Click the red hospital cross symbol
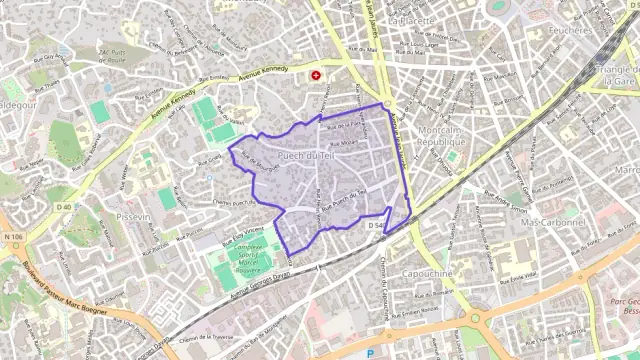[317, 75]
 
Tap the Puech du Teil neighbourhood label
[305, 157]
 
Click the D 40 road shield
[64, 207]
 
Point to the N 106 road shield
[12, 237]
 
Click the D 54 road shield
[376, 227]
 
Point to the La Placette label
[411, 19]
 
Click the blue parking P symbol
[370, 353]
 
